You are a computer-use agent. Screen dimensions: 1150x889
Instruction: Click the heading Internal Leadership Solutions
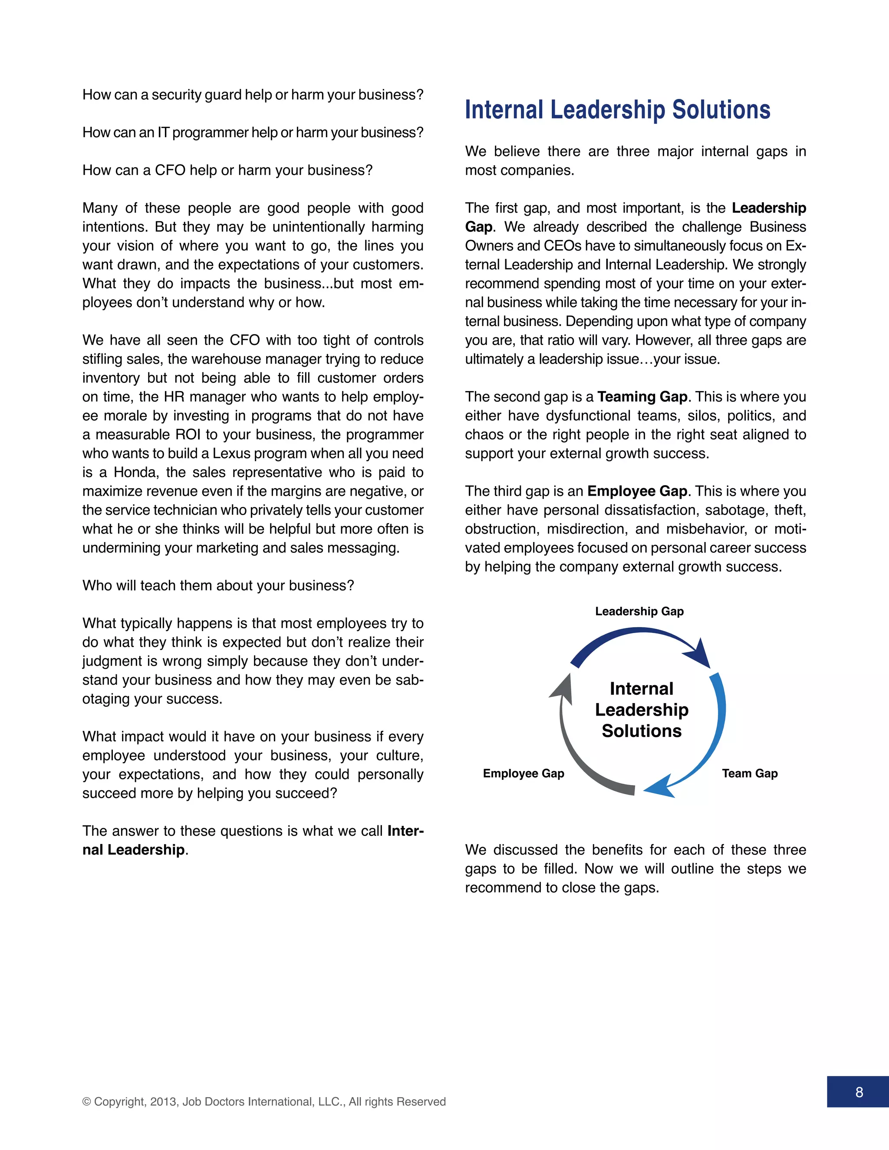pyautogui.click(x=617, y=110)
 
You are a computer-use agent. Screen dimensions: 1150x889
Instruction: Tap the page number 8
pyautogui.click(x=859, y=1092)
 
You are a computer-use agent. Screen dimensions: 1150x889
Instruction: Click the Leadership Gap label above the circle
pyautogui.click(x=639, y=611)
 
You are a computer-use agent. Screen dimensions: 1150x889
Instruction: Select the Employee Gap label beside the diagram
pyautogui.click(x=524, y=773)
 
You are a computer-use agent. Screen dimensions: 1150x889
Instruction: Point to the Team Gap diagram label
pyautogui.click(x=749, y=773)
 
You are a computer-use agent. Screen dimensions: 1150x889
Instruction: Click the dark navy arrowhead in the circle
pyautogui.click(x=699, y=654)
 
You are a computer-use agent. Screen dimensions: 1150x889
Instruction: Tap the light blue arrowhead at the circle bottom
pyautogui.click(x=659, y=786)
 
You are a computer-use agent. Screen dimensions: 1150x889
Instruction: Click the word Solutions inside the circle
pyautogui.click(x=642, y=731)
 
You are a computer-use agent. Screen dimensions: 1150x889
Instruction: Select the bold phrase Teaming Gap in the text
pyautogui.click(x=642, y=397)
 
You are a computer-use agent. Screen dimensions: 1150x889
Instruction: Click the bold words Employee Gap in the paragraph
pyautogui.click(x=637, y=491)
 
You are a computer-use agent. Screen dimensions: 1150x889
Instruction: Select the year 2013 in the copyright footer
pyautogui.click(x=163, y=1101)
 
